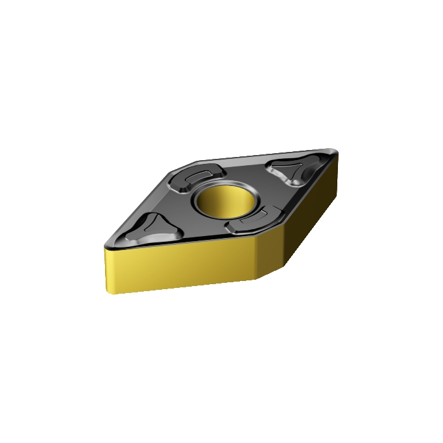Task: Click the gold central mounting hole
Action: click(226, 202)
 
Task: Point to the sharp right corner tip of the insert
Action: click(337, 152)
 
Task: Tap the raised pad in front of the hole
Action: click(257, 219)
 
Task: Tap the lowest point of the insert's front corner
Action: click(256, 279)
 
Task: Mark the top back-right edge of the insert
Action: click(266, 155)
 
